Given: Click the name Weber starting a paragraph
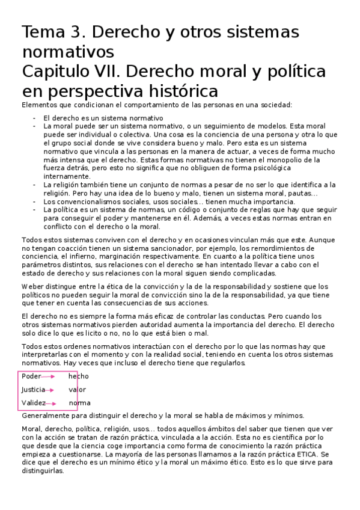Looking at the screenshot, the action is (32, 286).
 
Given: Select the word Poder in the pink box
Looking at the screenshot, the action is (31, 376).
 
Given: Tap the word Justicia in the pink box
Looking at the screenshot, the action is (33, 390).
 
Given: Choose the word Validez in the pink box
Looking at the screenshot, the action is (34, 403).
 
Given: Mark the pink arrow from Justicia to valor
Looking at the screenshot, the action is (53, 390).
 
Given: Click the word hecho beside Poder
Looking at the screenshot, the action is (78, 376).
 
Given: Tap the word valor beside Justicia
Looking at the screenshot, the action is (78, 390).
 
